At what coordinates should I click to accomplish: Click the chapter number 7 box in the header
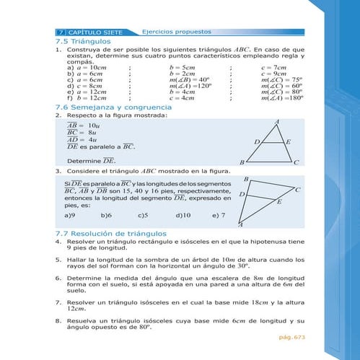(61, 33)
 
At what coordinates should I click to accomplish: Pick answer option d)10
(183, 215)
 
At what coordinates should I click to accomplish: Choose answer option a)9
(70, 215)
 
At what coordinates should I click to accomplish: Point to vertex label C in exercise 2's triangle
(296, 162)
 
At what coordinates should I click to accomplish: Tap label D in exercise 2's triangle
(257, 143)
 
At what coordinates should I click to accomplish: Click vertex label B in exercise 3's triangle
(246, 178)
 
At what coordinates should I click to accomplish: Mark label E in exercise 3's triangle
(279, 203)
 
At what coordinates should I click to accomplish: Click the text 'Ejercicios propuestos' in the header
(176, 32)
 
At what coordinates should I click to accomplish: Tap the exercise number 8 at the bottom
(58, 319)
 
